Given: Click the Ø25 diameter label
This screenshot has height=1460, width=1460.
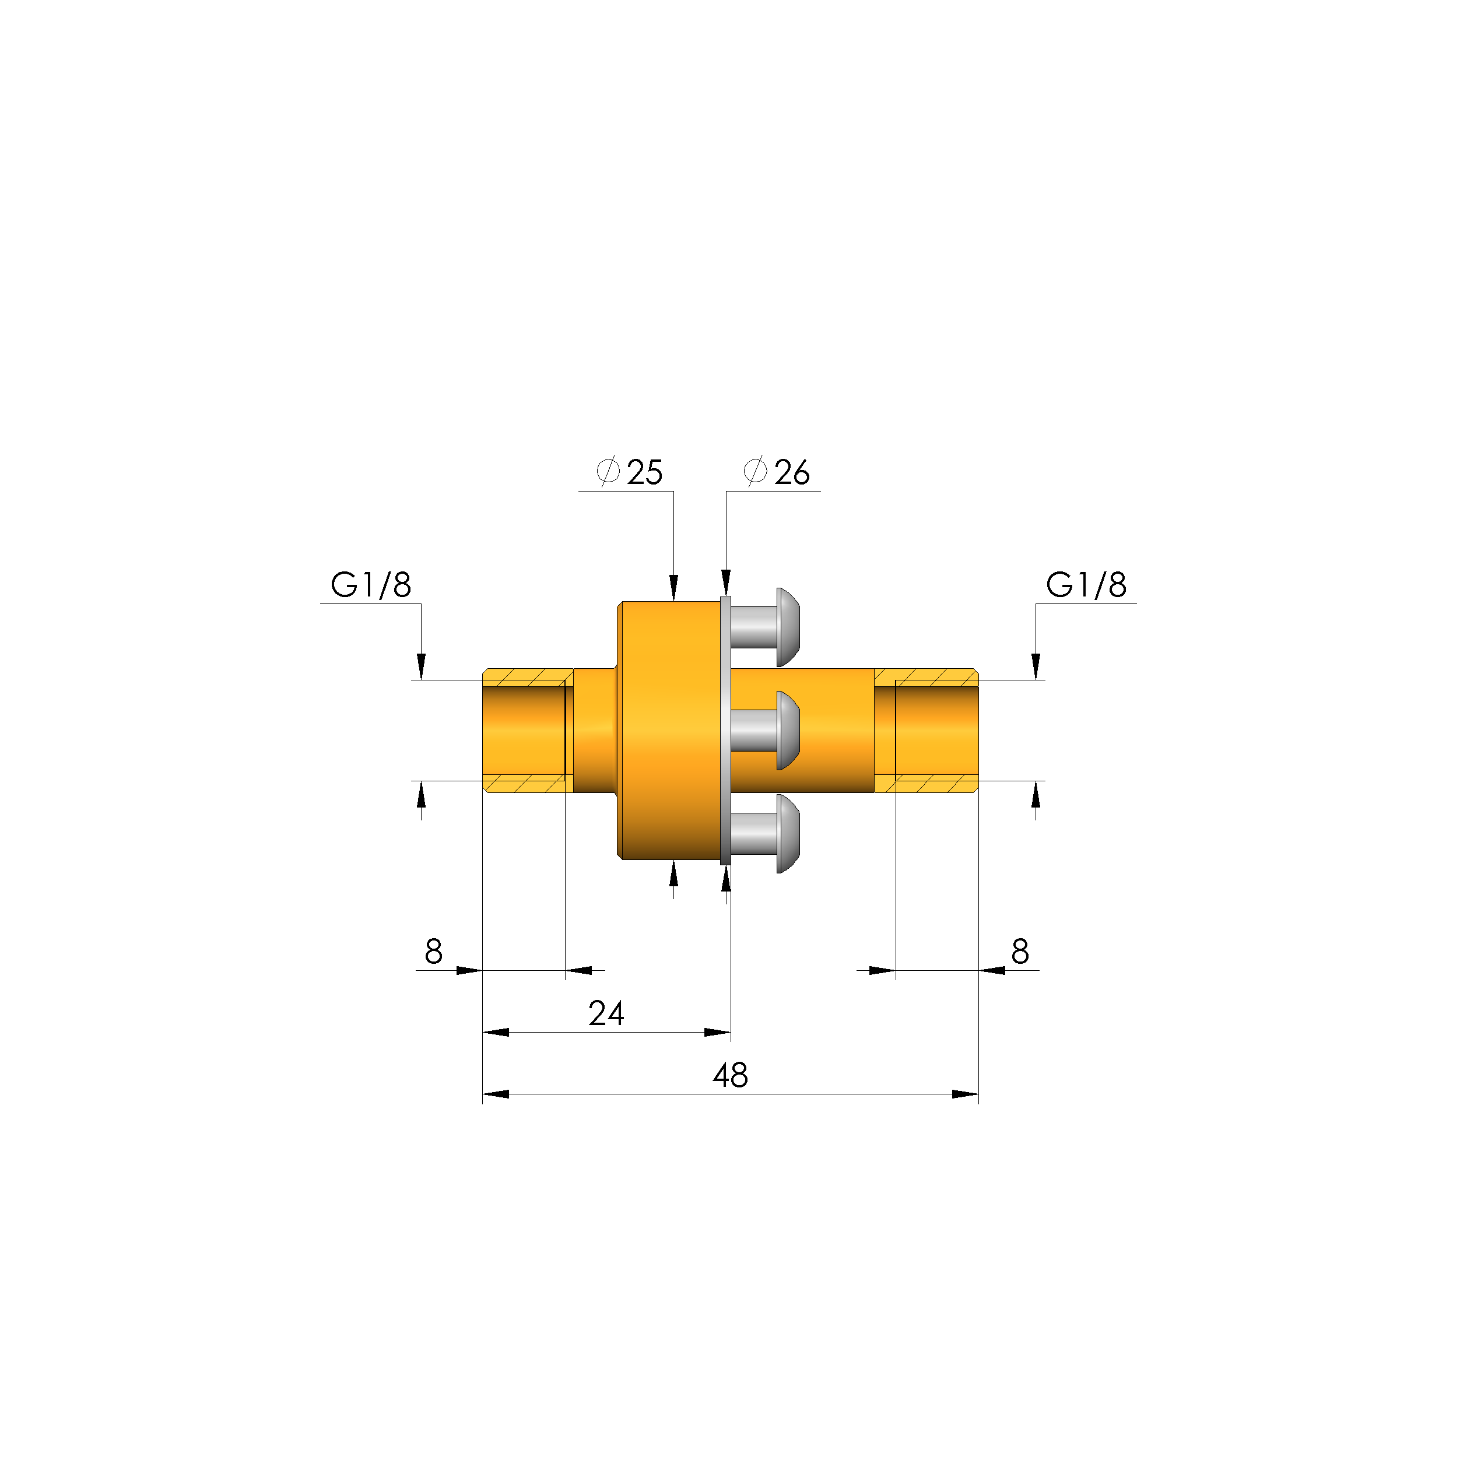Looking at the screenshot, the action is (x=630, y=472).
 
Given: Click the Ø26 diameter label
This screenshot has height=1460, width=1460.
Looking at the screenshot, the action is (x=777, y=472).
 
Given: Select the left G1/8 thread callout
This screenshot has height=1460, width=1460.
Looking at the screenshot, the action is (x=371, y=584).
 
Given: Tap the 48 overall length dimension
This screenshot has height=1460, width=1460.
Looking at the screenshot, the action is (x=730, y=1075).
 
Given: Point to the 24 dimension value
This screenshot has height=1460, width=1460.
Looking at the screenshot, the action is (x=606, y=1013).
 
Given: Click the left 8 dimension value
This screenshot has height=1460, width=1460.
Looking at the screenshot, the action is (x=434, y=952).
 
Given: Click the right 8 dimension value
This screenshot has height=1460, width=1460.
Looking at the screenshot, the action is (x=1020, y=952).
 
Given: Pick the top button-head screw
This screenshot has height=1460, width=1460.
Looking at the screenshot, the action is (x=766, y=627).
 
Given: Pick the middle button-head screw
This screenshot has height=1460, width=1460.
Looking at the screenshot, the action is (x=766, y=731).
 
